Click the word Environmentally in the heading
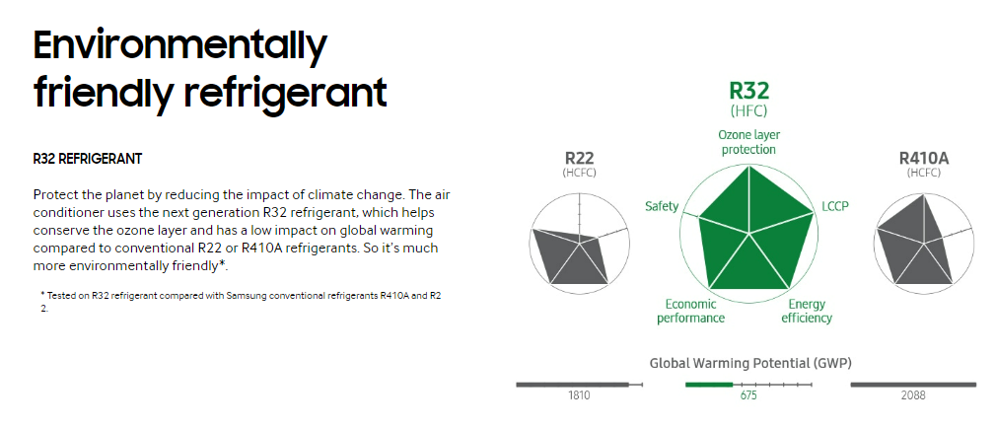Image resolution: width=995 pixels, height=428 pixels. coord(180,45)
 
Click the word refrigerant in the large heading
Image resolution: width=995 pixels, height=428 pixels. coord(286,93)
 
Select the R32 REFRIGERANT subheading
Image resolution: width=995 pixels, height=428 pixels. coord(88,159)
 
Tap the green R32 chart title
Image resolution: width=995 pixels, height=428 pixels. coord(748,91)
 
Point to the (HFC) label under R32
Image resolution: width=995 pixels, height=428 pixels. coord(748,111)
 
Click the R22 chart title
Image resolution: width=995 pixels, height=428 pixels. coord(580,158)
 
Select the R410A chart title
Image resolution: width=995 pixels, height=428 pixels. coord(924,158)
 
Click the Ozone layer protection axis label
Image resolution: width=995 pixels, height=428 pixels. coord(748,142)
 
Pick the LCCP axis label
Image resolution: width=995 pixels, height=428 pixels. coord(835,206)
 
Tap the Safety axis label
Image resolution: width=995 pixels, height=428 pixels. coord(662,206)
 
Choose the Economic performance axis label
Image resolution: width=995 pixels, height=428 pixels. coord(690,312)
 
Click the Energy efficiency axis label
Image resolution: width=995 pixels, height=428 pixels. coord(807,312)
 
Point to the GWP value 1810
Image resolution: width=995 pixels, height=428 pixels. coord(579,395)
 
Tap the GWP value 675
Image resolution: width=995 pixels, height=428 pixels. coord(748,395)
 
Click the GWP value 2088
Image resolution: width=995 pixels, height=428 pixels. coord(913,395)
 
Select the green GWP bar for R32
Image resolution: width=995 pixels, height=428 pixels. coord(709,385)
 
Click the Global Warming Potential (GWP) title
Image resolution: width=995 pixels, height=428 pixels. coord(750,364)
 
